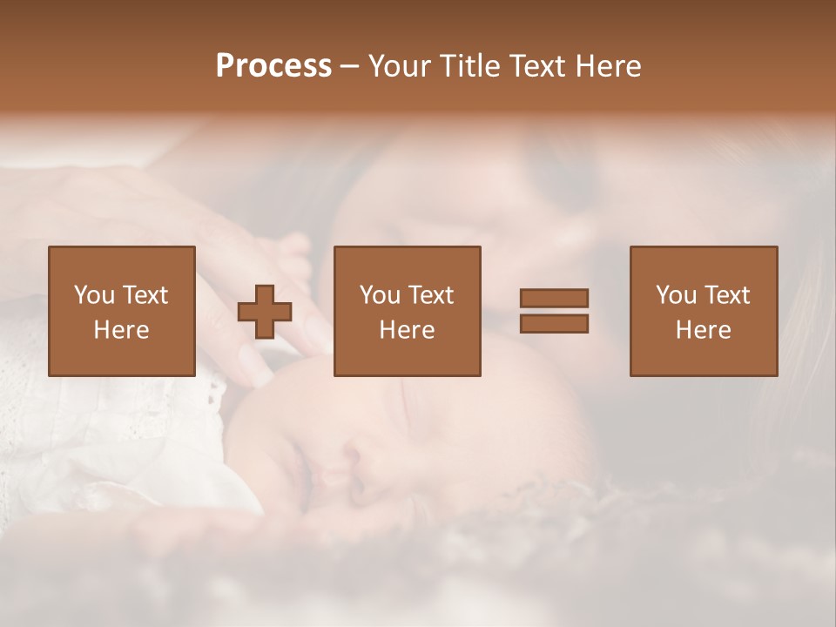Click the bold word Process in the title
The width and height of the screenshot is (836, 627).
pos(273,66)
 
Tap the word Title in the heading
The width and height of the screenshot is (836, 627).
pos(469,66)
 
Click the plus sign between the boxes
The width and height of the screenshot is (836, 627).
pos(265,312)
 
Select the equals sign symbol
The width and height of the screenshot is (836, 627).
pos(554,311)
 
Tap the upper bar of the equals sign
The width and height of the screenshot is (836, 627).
pos(554,299)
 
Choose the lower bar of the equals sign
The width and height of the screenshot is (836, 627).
pos(554,323)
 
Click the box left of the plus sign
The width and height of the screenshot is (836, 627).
pos(122,311)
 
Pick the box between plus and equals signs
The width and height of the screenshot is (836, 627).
pos(408,311)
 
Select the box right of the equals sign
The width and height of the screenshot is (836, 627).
pos(704,311)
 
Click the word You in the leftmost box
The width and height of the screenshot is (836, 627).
pos(93,295)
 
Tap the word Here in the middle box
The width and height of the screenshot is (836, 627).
pos(408,330)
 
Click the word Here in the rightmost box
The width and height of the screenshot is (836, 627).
pos(704,330)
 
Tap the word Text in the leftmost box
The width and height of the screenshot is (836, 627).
pos(145,295)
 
